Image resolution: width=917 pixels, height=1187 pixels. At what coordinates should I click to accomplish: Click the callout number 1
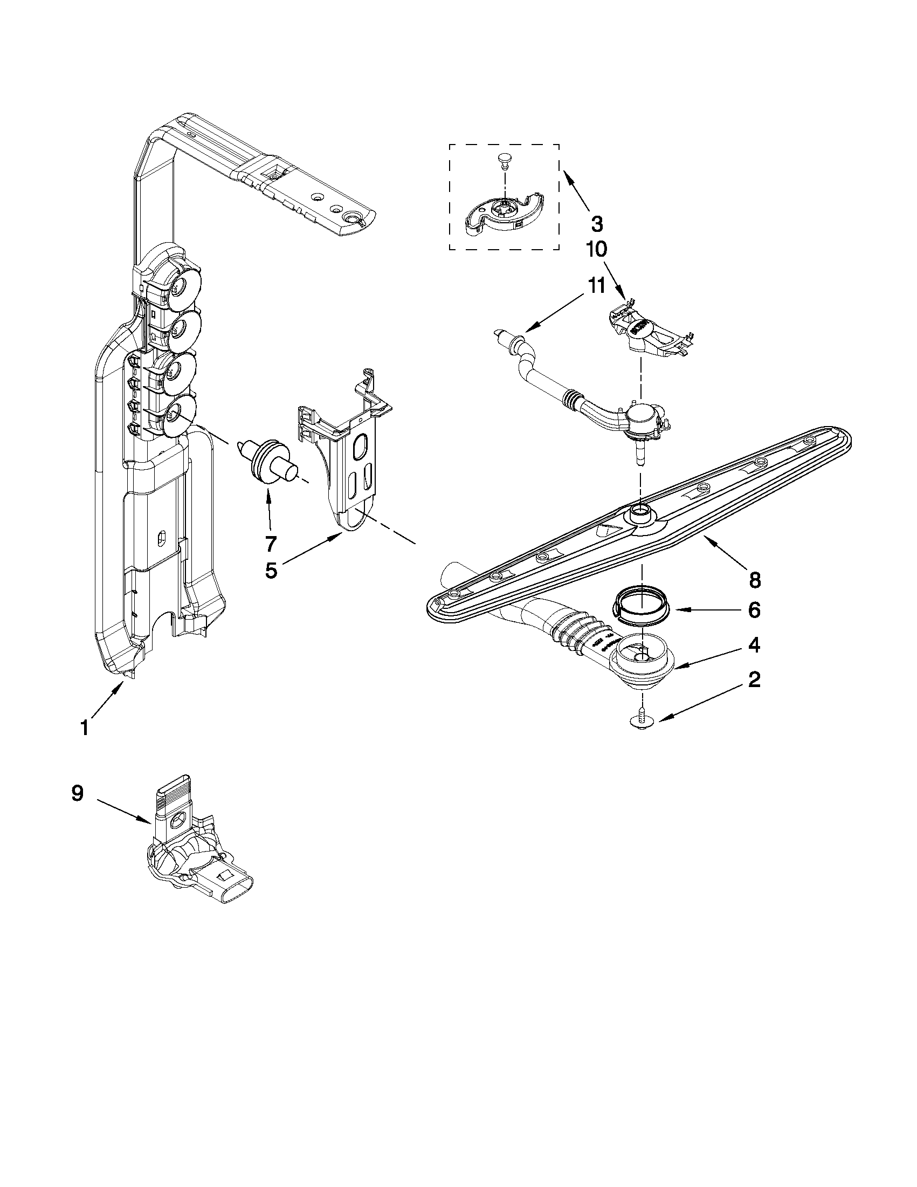point(85,727)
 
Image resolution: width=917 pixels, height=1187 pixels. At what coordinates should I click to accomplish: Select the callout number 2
point(754,680)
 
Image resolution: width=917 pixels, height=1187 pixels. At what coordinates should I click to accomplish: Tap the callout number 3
point(596,223)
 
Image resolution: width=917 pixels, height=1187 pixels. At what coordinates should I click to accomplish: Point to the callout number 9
point(77,794)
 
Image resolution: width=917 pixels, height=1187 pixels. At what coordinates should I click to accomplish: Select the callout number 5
point(271,571)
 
